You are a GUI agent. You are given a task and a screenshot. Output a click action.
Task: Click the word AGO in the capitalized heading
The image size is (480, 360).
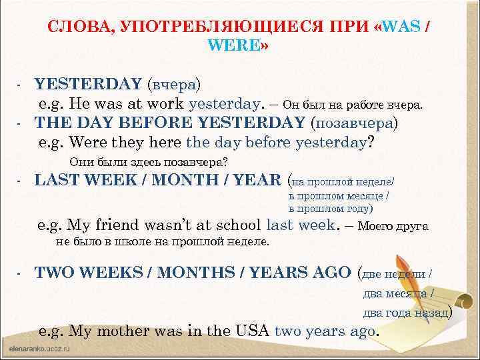coord(329,273)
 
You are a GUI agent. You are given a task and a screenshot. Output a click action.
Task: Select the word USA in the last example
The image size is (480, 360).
coord(250,331)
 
